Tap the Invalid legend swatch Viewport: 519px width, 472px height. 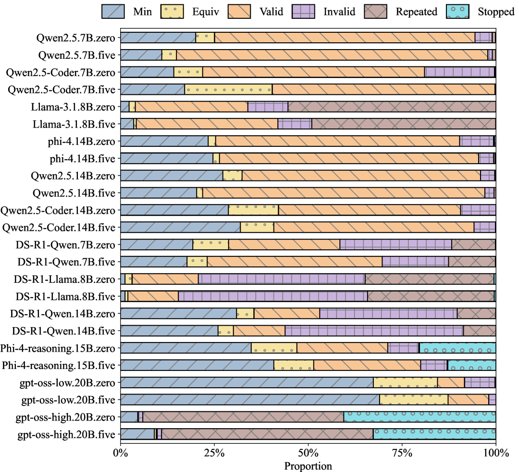[x=307, y=12]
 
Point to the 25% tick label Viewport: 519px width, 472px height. [x=214, y=454]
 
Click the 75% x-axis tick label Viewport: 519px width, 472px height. [x=402, y=454]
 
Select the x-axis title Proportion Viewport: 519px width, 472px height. [x=308, y=466]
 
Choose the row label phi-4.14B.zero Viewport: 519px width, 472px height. [x=82, y=141]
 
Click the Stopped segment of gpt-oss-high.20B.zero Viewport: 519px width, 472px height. [x=420, y=417]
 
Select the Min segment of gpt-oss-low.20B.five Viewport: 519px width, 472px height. [x=249, y=400]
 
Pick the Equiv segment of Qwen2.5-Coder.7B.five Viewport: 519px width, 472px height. [x=228, y=89]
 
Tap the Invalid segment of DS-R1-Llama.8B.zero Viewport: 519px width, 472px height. [x=282, y=279]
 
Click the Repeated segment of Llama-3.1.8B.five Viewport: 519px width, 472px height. [x=404, y=124]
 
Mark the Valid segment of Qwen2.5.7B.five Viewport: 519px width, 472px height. [x=332, y=55]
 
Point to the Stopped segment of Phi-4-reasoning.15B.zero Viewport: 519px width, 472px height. [x=457, y=348]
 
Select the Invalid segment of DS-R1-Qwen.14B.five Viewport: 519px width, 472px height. [x=374, y=331]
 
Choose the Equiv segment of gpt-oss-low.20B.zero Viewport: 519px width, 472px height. [x=405, y=383]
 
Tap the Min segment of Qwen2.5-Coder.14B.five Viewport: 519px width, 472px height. [x=180, y=227]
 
